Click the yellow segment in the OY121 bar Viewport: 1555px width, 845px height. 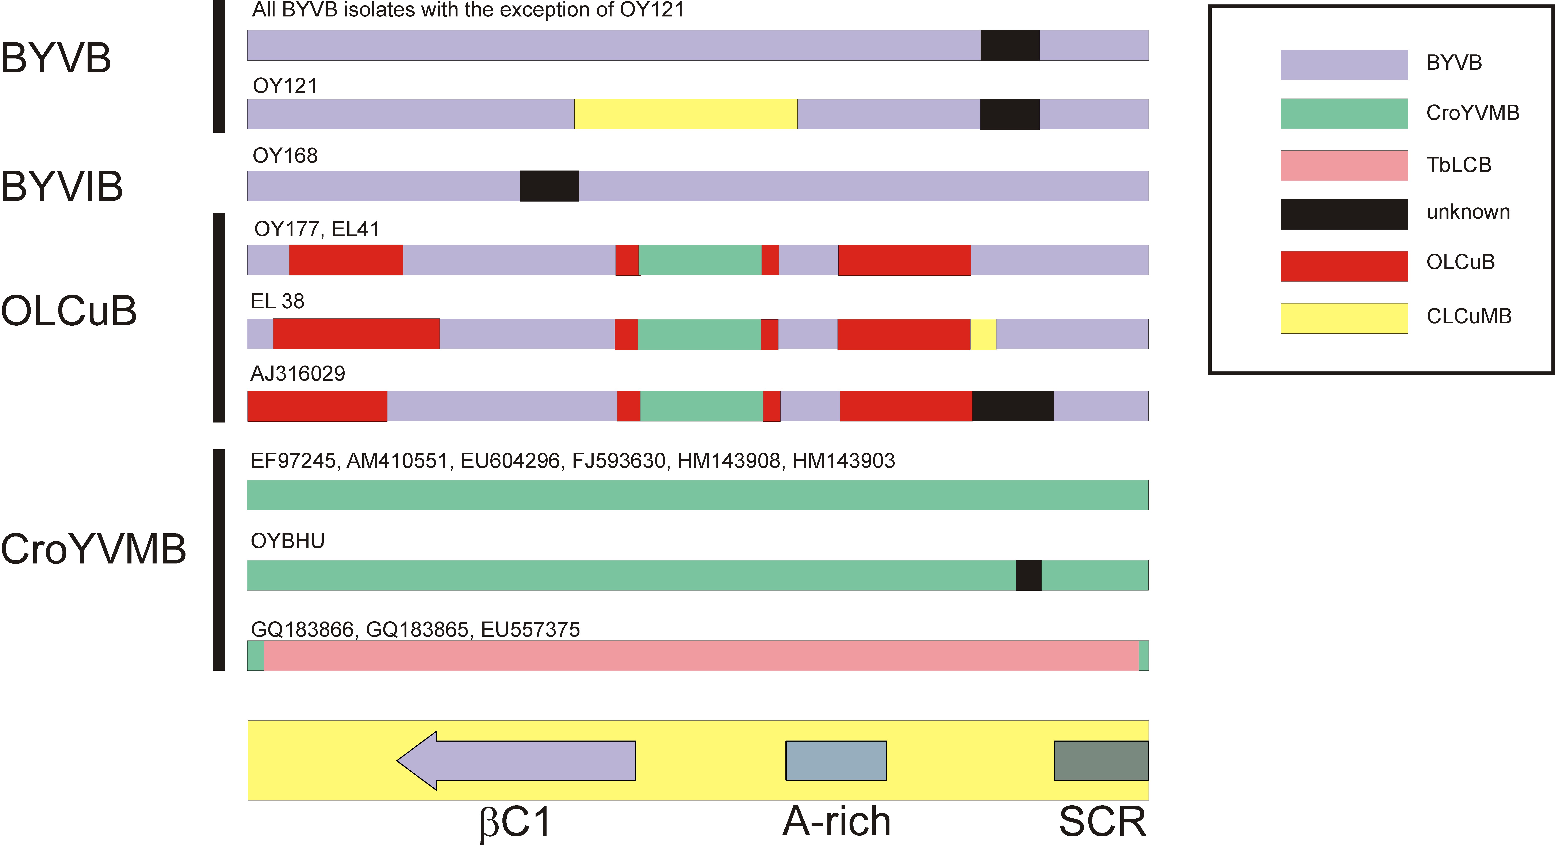pyautogui.click(x=686, y=114)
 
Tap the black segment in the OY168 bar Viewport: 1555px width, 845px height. pyautogui.click(x=549, y=186)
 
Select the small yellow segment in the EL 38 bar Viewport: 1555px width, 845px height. pyautogui.click(x=983, y=334)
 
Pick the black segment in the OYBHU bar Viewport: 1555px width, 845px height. pyautogui.click(x=1029, y=575)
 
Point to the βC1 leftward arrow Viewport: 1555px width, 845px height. pyautogui.click(x=516, y=761)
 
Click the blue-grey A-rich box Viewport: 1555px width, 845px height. pyautogui.click(x=836, y=761)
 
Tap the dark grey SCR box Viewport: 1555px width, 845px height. pyautogui.click(x=1101, y=761)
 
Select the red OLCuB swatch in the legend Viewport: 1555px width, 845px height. pyautogui.click(x=1344, y=266)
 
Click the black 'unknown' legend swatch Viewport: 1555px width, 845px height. pyautogui.click(x=1344, y=214)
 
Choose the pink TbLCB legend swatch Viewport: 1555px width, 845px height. pyautogui.click(x=1344, y=165)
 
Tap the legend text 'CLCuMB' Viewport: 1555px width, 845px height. pyautogui.click(x=1469, y=316)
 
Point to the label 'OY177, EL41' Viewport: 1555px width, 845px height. pyautogui.click(x=317, y=229)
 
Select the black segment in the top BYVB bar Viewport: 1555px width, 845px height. pyautogui.click(x=1010, y=45)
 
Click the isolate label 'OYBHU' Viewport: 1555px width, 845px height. pyautogui.click(x=287, y=541)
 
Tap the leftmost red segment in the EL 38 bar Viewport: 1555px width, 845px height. pyautogui.click(x=356, y=334)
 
